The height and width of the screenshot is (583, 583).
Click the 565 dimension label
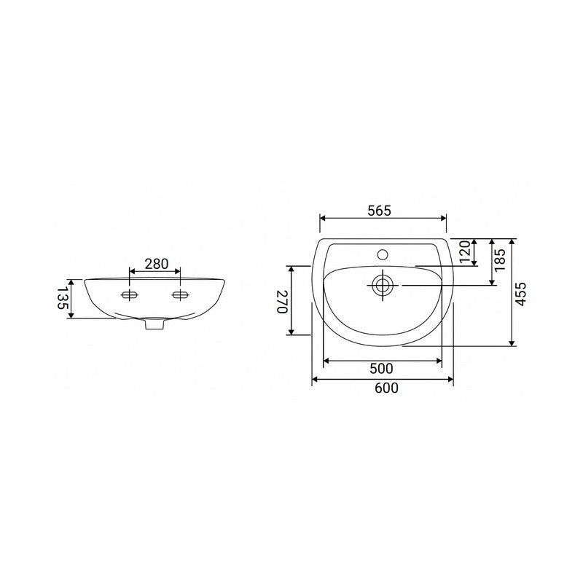(379, 211)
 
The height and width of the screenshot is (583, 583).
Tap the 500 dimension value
(381, 369)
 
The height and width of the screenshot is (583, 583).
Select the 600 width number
(386, 388)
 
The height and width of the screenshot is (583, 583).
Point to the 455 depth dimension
(521, 294)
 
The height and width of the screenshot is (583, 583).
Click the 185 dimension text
(501, 260)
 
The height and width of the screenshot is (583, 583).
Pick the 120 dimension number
(465, 251)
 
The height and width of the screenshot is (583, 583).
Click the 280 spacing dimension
(157, 264)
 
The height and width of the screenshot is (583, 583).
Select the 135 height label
(61, 297)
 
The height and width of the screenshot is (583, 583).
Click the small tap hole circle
(383, 254)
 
